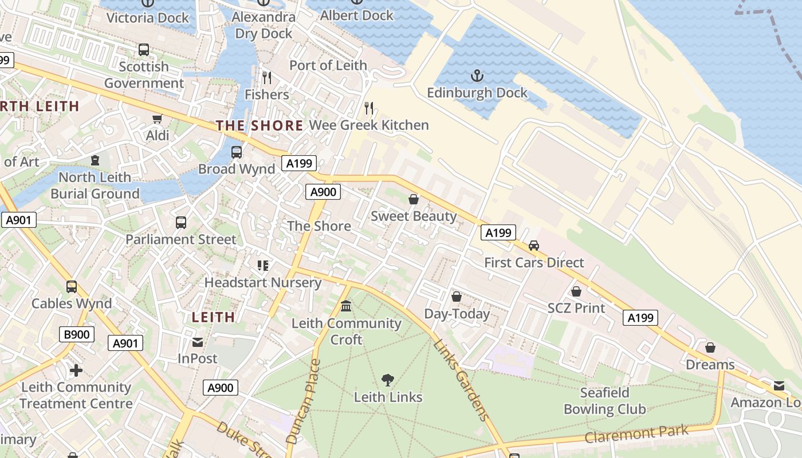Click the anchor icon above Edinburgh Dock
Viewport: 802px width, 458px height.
pyautogui.click(x=477, y=76)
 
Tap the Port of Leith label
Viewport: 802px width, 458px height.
pyautogui.click(x=328, y=65)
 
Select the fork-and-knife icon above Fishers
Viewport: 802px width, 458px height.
pyautogui.click(x=267, y=77)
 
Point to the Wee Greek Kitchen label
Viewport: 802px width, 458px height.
pyautogui.click(x=369, y=125)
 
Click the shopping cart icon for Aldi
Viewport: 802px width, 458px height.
pyautogui.click(x=158, y=119)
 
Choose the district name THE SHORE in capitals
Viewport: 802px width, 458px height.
pyautogui.click(x=260, y=125)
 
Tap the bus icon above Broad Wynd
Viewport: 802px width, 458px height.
pyautogui.click(x=237, y=152)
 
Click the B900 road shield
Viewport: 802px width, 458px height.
pyautogui.click(x=76, y=334)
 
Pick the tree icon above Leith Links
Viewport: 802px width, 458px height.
pyautogui.click(x=388, y=380)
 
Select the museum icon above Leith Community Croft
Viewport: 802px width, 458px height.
pyautogui.click(x=346, y=306)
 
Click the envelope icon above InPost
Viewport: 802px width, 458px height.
pyautogui.click(x=198, y=342)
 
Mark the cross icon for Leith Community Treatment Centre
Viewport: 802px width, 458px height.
pyautogui.click(x=76, y=370)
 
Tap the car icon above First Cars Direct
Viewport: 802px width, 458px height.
pyautogui.click(x=534, y=246)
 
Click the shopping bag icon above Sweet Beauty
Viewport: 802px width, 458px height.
pyautogui.click(x=413, y=199)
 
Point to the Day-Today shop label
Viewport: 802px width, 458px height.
pyautogui.click(x=457, y=314)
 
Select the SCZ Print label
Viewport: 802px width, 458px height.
pyautogui.click(x=576, y=308)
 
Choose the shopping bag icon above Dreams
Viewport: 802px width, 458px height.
pyautogui.click(x=710, y=348)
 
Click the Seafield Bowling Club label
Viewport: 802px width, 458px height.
pyautogui.click(x=604, y=401)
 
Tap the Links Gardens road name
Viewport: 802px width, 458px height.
pyautogui.click(x=462, y=380)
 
